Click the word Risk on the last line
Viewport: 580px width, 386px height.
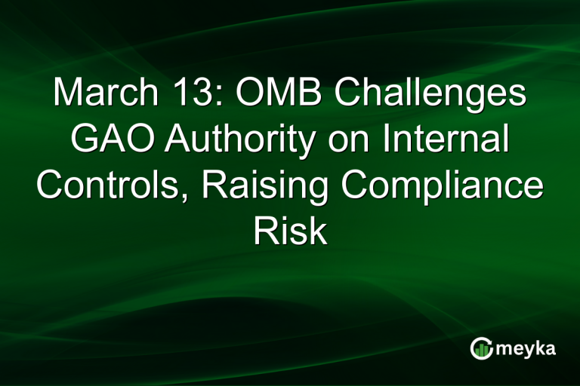(290, 231)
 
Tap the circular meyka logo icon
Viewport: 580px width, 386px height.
(481, 348)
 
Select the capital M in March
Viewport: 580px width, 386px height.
(67, 96)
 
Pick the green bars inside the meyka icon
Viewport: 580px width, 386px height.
(481, 350)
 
